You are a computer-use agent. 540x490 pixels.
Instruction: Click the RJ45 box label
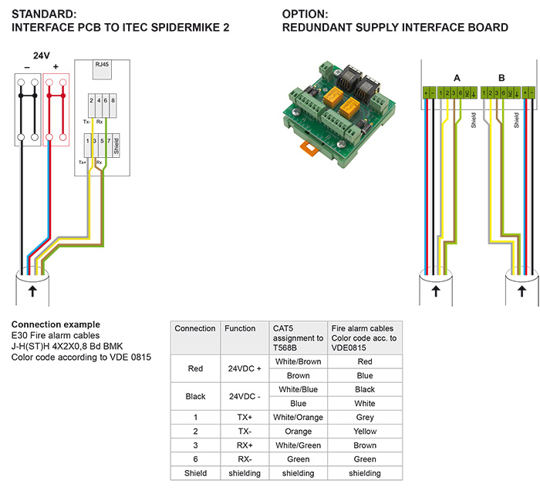(102, 66)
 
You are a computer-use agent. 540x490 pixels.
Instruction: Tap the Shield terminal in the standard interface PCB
(116, 146)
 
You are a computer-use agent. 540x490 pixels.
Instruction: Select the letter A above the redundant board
(457, 78)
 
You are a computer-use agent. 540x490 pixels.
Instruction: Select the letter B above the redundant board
(502, 78)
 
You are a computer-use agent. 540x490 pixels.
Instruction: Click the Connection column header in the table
(195, 329)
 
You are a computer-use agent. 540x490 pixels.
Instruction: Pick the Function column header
(240, 329)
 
